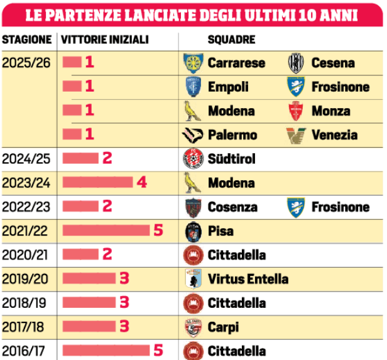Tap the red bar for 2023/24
(98, 183)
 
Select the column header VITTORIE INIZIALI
(105, 40)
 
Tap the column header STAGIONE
(27, 40)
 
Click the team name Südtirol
(231, 159)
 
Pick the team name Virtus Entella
(248, 278)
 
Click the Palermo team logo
(192, 135)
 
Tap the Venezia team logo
(296, 135)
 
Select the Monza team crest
(296, 111)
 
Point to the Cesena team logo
(296, 63)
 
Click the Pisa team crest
(192, 231)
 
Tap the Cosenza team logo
(192, 207)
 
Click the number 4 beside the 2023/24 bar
(142, 183)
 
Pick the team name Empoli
(227, 87)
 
